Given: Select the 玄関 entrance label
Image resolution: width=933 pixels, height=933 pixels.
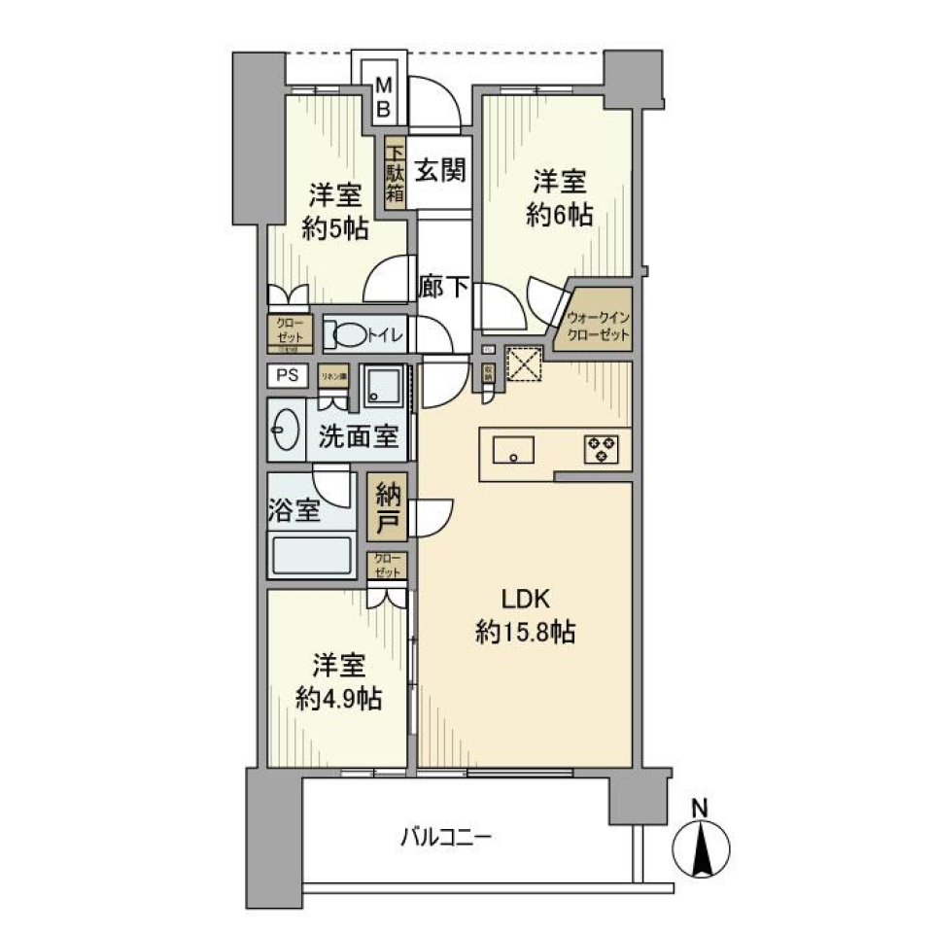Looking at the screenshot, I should click(440, 171).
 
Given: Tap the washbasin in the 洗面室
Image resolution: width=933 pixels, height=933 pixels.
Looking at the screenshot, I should click(288, 432).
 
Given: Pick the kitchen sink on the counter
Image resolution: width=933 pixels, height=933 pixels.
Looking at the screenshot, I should click(511, 450).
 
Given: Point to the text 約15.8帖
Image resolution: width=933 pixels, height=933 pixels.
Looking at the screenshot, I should click(525, 634).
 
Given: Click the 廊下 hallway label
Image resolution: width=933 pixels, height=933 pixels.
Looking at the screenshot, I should click(445, 288).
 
